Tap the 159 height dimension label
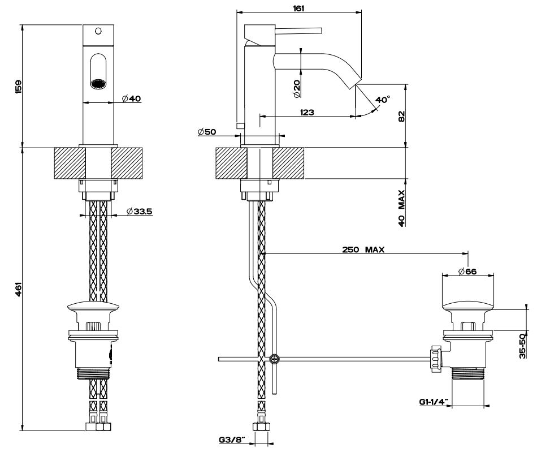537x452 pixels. (18, 86)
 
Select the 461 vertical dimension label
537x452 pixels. (18, 290)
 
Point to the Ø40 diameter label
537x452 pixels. (131, 99)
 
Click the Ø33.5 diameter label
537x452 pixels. (140, 211)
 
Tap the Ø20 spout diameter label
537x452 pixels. (297, 87)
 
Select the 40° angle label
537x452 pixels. (383, 100)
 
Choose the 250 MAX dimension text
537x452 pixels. (363, 249)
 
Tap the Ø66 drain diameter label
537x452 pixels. (467, 272)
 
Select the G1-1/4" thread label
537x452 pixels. (434, 402)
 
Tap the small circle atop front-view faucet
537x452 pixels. (98, 30)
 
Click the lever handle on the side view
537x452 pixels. (294, 29)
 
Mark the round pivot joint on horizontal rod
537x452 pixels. (274, 358)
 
